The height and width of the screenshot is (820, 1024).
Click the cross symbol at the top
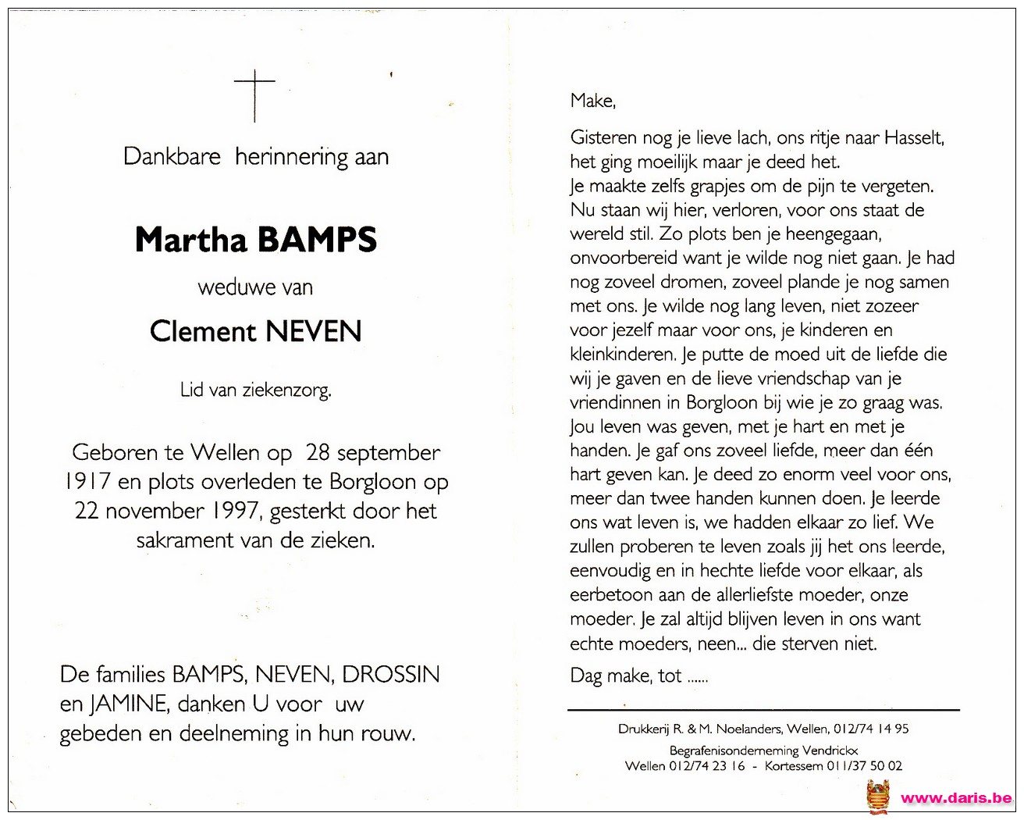254,94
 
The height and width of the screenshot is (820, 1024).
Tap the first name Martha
191,240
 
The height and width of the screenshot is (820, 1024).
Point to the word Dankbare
172,156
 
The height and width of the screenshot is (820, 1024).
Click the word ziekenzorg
286,390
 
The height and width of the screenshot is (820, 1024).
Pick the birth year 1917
87,482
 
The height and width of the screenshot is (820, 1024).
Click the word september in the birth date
389,453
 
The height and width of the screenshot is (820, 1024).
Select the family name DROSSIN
391,674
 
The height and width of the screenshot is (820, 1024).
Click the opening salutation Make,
593,101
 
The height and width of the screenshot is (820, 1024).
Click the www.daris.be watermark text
956,798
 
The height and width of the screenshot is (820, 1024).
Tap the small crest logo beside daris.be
878,797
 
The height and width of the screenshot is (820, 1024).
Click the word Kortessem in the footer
794,766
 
